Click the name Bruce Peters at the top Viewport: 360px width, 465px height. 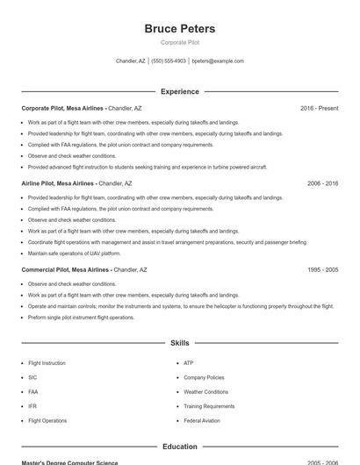179,29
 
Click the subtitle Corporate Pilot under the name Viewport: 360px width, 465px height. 179,42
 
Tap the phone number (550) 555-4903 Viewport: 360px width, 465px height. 169,61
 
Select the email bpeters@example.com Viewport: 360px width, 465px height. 218,61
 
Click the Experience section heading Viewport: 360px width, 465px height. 179,91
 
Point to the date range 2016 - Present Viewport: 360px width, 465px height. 319,108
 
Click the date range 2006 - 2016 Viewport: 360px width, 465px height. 322,184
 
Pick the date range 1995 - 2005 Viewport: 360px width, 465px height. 322,270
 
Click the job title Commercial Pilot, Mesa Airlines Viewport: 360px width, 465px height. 66,270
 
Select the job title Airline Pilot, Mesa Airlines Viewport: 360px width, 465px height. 58,184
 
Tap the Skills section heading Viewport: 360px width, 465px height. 179,343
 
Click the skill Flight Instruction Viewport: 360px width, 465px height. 47,363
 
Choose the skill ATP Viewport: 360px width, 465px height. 189,363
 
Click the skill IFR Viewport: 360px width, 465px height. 32,406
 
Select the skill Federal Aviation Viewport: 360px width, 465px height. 202,421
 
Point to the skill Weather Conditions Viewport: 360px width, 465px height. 205,392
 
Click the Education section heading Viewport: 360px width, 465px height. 179,447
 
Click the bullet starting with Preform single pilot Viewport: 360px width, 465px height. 81,318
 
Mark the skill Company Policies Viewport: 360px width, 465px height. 204,377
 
